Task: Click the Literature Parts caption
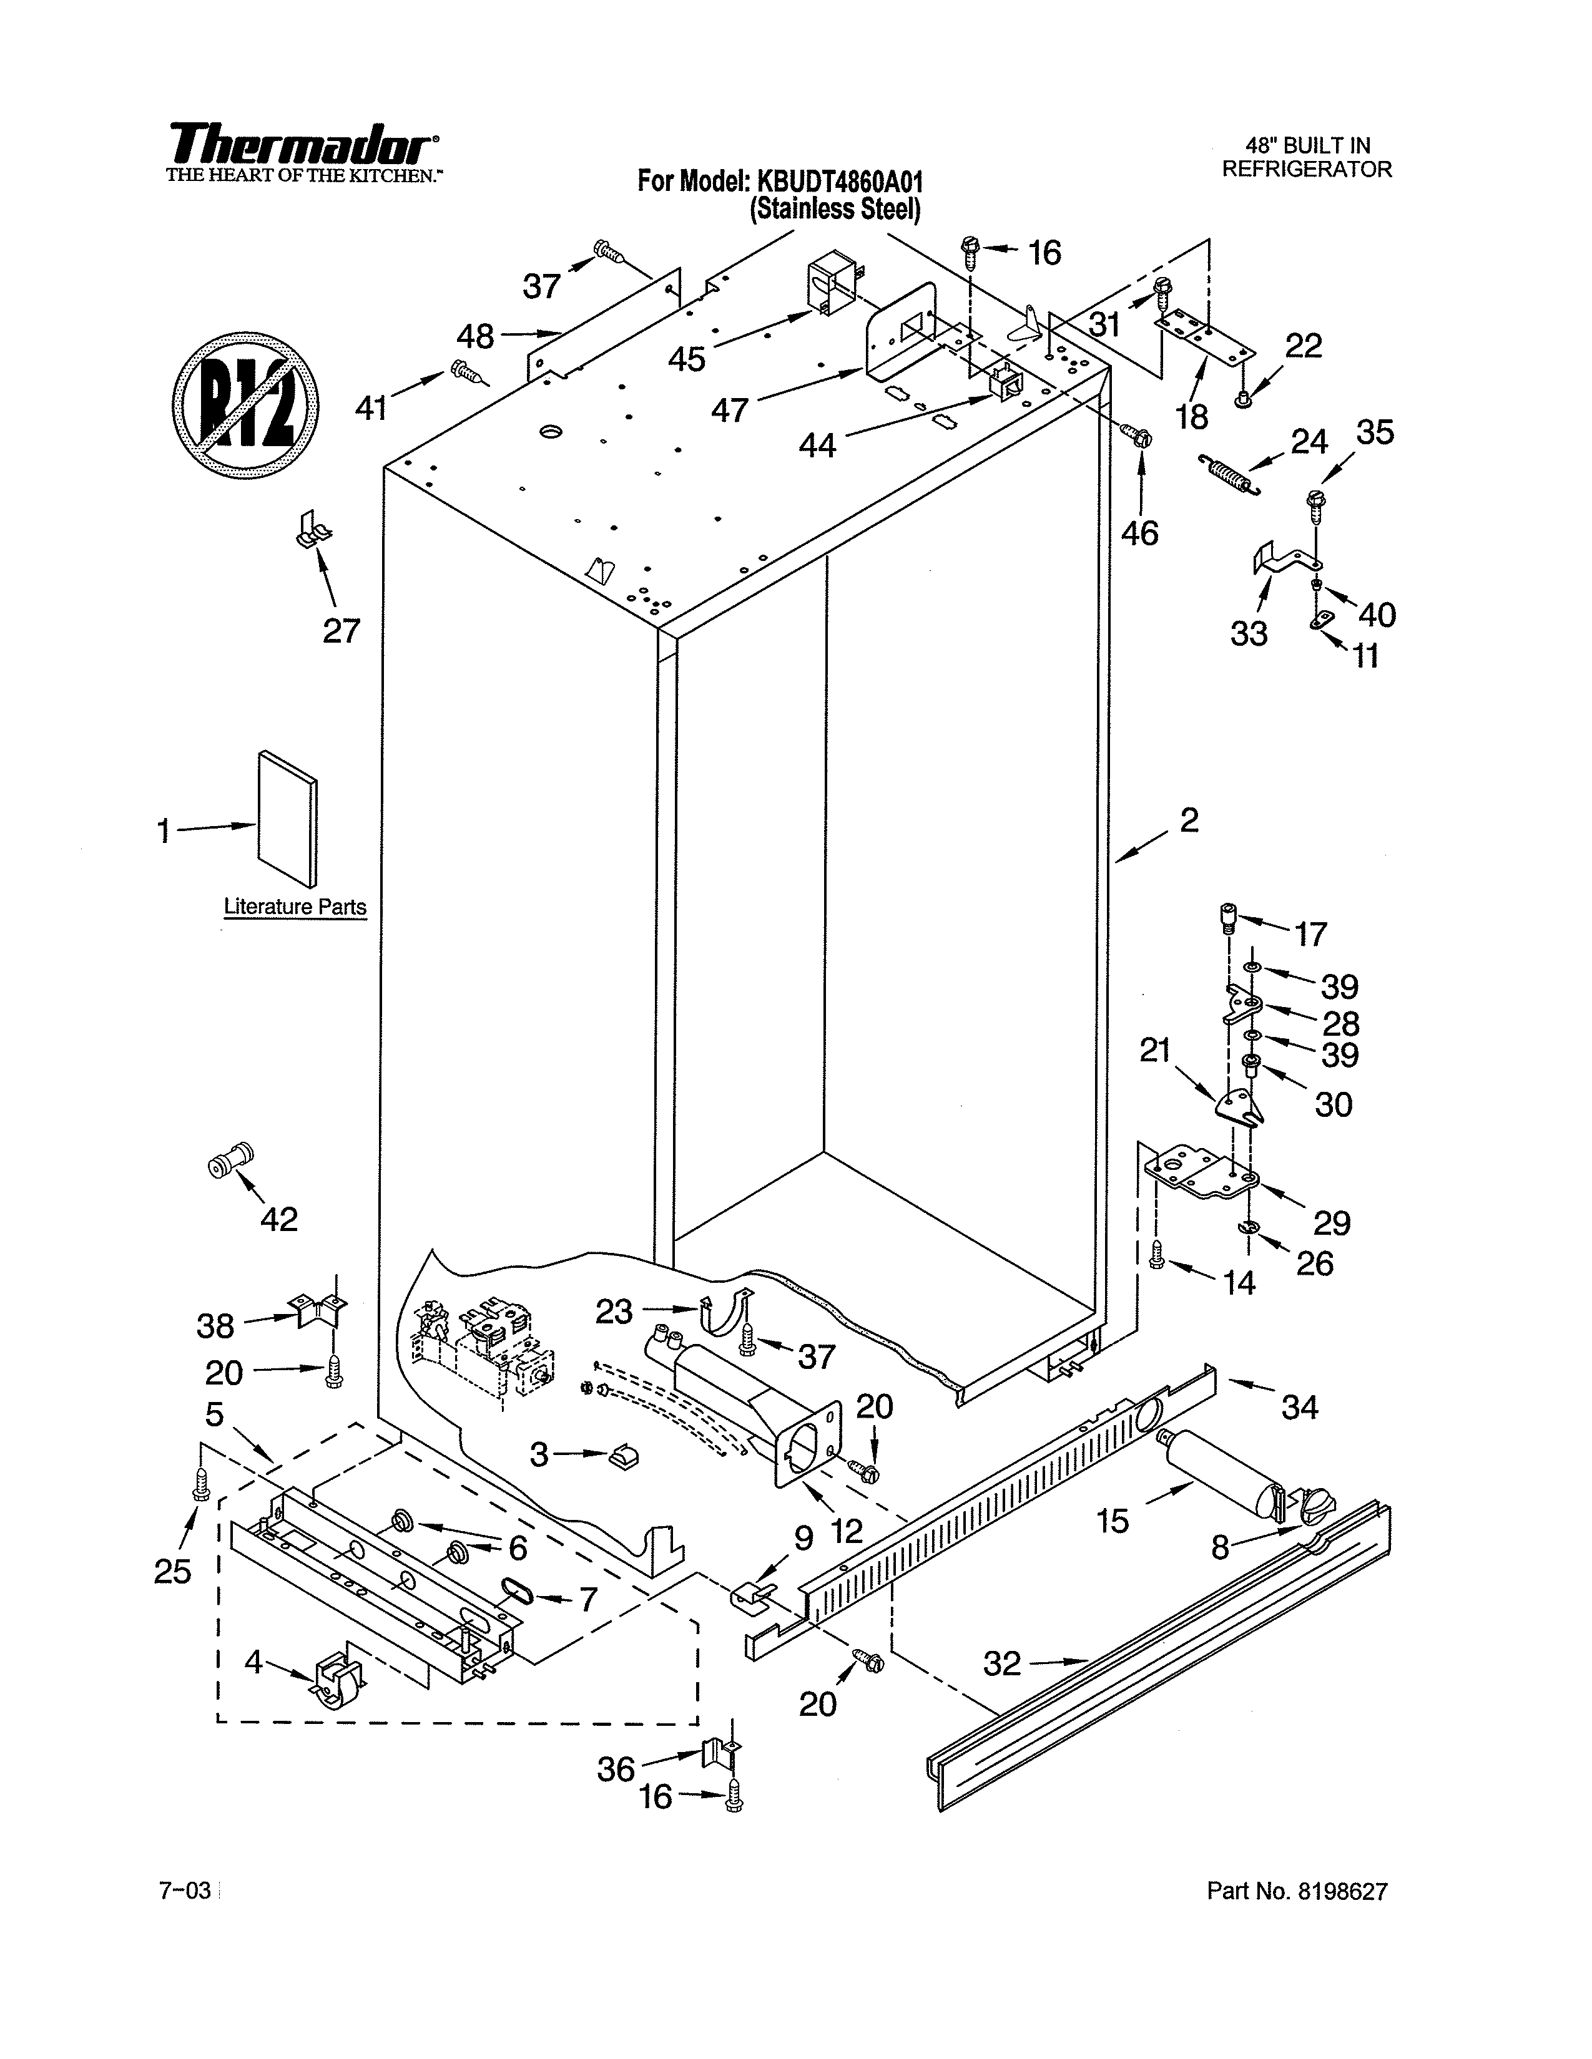point(294,907)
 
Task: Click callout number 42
point(279,1219)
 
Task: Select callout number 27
point(341,630)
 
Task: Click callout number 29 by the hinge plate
point(1333,1223)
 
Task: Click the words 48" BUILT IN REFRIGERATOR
point(1306,157)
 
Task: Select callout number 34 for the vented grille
point(1300,1408)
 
